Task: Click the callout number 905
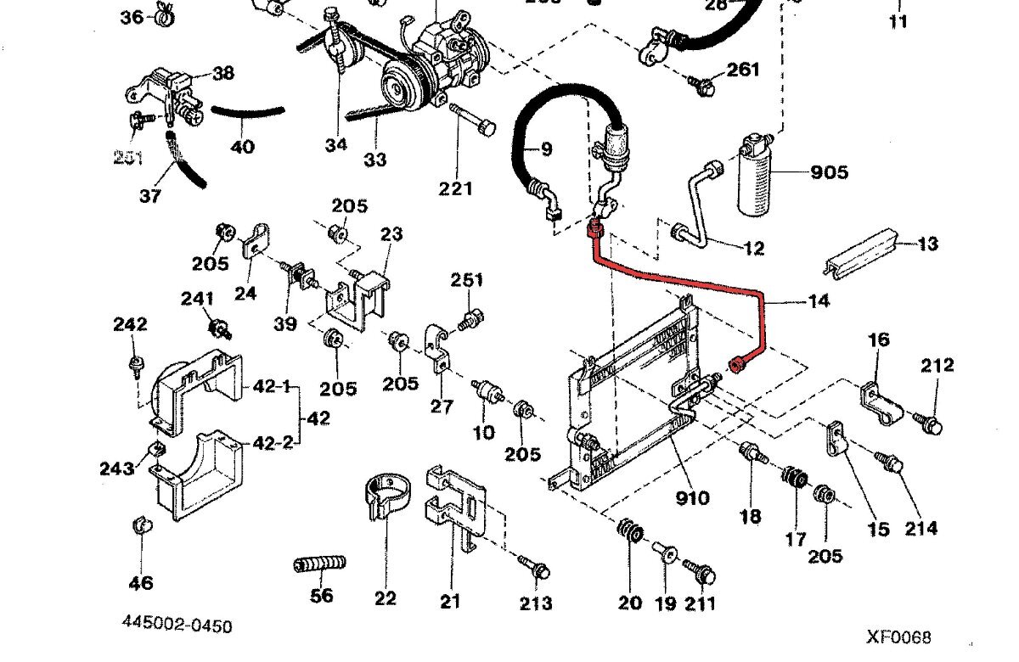point(829,172)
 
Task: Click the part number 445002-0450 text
point(176,626)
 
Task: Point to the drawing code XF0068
point(898,637)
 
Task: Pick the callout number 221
point(455,188)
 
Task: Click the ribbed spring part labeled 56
point(321,564)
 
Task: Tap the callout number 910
point(692,498)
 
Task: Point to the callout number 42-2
point(273,441)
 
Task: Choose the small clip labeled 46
point(141,526)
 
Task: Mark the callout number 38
point(223,73)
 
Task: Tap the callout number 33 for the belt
point(375,159)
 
